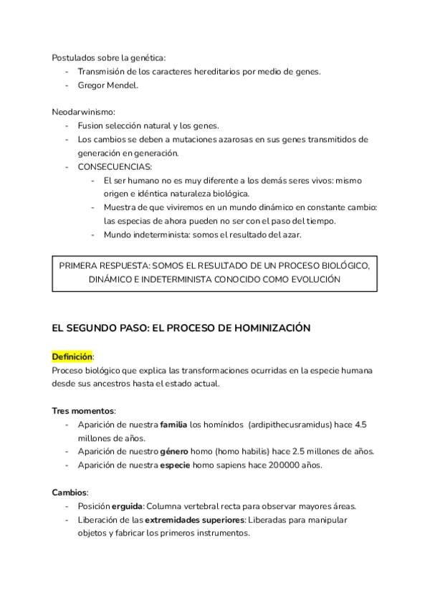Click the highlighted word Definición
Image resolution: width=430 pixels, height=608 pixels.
[x=72, y=356]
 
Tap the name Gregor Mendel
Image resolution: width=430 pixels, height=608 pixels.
[x=108, y=85]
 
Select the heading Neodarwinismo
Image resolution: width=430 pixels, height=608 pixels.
[x=83, y=112]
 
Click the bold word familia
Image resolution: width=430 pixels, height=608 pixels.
[x=173, y=424]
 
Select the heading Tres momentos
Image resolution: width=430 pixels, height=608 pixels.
[x=83, y=411]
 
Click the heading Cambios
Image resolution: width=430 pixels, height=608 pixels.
[x=70, y=492]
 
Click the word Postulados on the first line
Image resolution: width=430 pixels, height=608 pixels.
[x=73, y=57]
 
